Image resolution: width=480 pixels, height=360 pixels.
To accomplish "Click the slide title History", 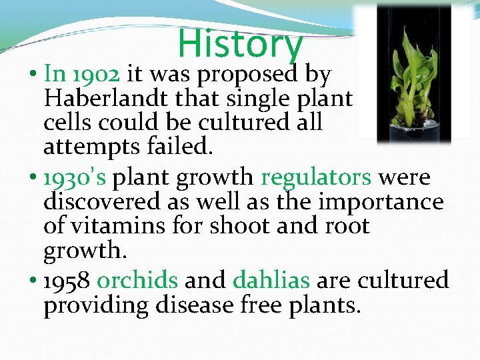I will coord(240,43).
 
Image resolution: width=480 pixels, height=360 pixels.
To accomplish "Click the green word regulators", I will coord(315,178).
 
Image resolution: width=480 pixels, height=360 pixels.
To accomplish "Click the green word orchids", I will coord(137,281).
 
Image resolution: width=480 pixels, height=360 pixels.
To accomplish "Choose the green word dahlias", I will coord(271,281).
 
